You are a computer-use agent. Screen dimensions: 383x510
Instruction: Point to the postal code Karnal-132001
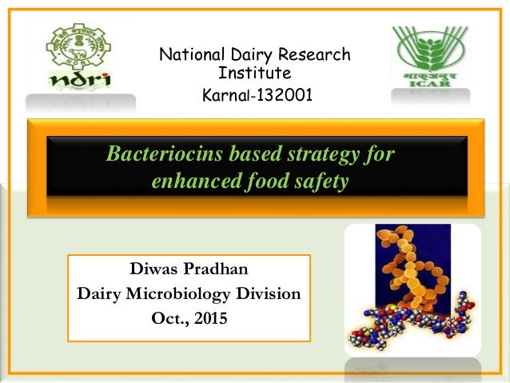[256, 96]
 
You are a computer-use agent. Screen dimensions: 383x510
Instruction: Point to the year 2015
[209, 320]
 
